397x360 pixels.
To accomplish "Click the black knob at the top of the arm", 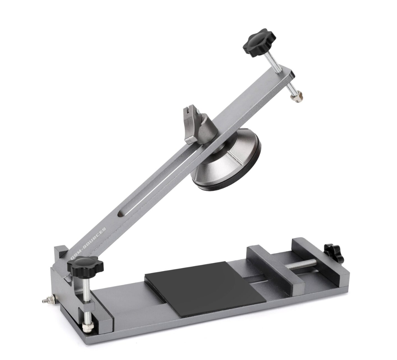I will tap(259, 43).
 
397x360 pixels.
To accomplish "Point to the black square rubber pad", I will tap(205, 288).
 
